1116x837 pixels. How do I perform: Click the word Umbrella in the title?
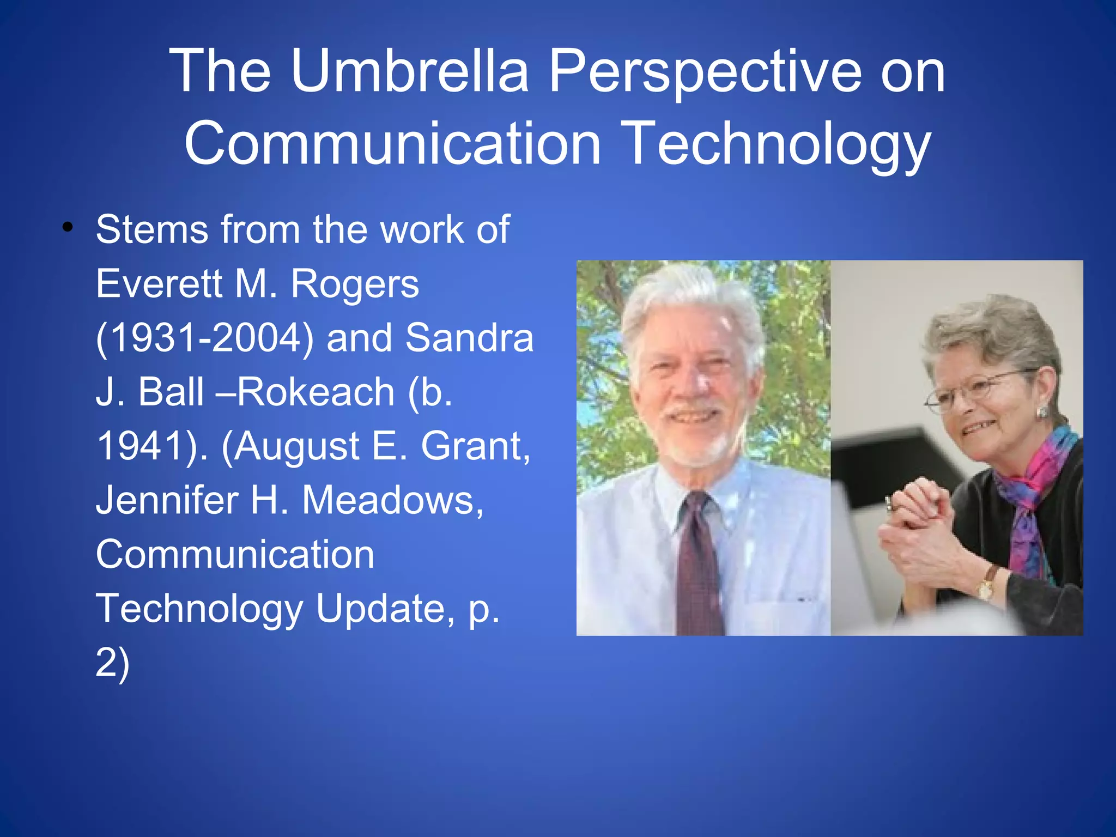[x=409, y=71]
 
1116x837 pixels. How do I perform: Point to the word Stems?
[x=151, y=229]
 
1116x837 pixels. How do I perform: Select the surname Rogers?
[x=355, y=285]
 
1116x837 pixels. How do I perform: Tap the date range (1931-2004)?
[x=205, y=338]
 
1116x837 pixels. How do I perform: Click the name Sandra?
[x=469, y=338]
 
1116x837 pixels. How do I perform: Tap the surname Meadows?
[x=392, y=500]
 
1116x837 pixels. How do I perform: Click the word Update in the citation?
[x=384, y=609]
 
